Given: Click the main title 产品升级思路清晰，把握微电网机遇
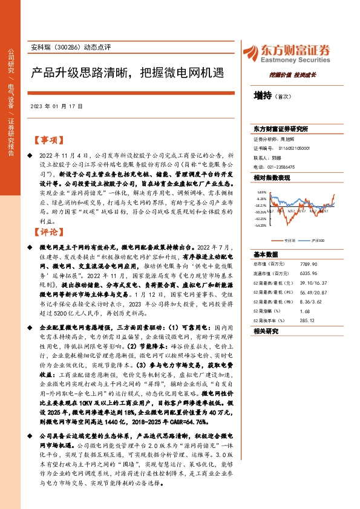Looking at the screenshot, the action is click(x=127, y=74).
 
